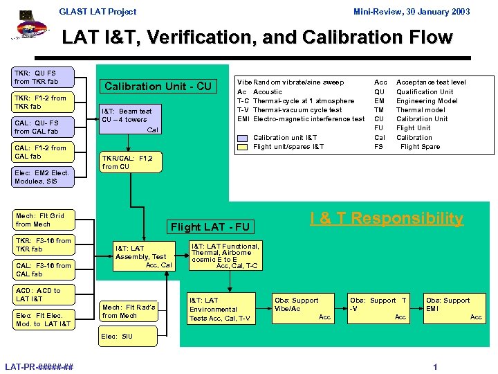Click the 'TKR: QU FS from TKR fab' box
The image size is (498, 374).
click(43, 78)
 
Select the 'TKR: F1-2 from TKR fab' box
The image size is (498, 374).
click(43, 103)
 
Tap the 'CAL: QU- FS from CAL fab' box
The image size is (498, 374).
click(43, 127)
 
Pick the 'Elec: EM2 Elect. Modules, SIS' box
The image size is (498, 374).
click(43, 177)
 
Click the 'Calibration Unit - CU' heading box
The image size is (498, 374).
click(158, 87)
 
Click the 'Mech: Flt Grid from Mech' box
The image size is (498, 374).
click(43, 220)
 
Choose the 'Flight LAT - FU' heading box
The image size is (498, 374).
click(211, 227)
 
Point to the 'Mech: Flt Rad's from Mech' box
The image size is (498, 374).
click(129, 311)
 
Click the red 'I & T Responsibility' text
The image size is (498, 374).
click(386, 219)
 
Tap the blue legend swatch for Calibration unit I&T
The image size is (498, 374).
click(242, 138)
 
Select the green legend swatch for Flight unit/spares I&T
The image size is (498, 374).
click(242, 147)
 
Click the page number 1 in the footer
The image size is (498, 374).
click(434, 367)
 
